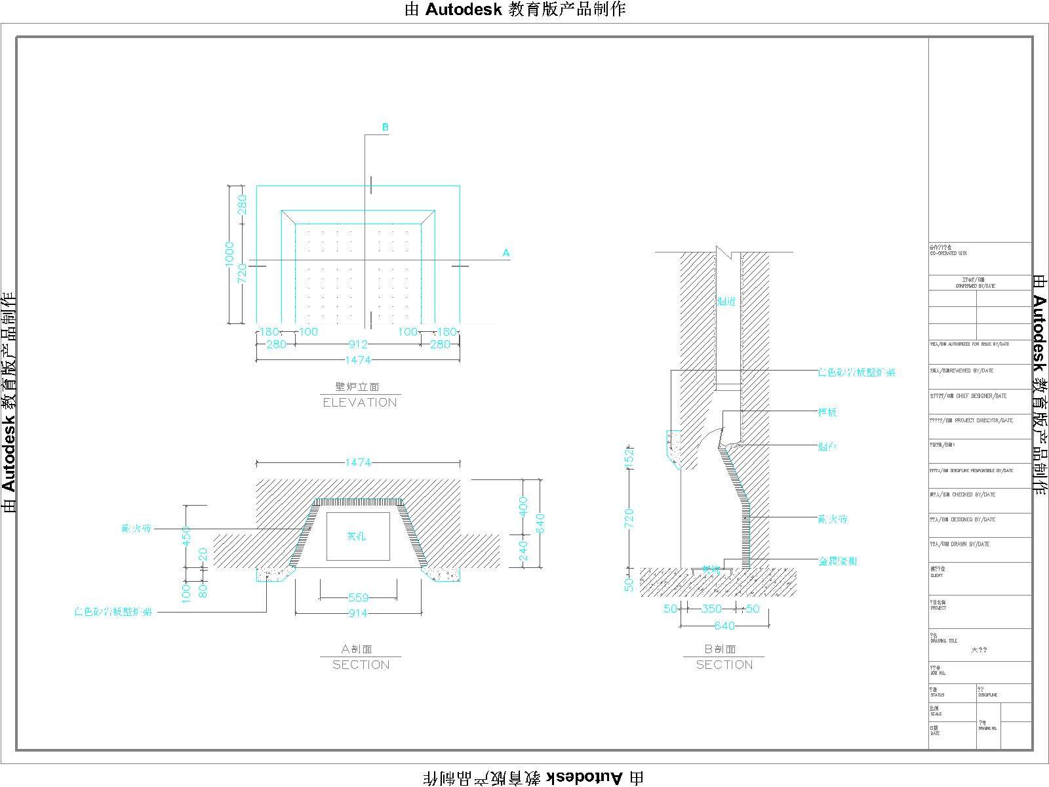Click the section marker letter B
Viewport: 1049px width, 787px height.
pos(386,127)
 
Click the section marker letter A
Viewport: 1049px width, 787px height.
pos(505,252)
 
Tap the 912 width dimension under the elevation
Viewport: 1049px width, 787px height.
pos(358,344)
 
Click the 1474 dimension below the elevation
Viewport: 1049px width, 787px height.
pos(358,360)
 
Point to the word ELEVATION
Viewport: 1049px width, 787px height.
pos(360,403)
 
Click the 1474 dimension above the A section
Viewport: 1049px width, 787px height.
pos(358,462)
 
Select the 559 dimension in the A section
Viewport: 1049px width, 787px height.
pos(358,597)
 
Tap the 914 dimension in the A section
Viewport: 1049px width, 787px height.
pos(358,613)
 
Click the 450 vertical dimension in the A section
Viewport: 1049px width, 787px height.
pos(186,536)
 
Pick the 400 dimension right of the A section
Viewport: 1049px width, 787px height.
pos(523,506)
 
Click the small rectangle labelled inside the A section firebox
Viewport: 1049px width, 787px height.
pos(358,536)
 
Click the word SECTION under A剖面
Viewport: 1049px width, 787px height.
pos(361,665)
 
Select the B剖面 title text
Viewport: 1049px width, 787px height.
pos(721,649)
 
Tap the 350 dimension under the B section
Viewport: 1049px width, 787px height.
pos(711,609)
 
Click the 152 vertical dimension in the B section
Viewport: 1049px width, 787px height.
pos(629,457)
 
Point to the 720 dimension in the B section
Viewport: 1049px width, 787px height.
pos(629,518)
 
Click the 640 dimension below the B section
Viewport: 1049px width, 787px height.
pos(724,626)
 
